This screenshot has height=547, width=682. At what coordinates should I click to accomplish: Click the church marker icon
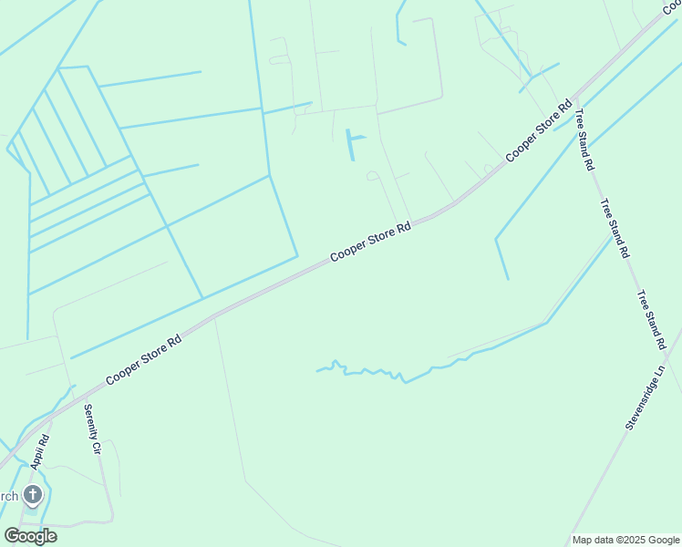pyautogui.click(x=32, y=496)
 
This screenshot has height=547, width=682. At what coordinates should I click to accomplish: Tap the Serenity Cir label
pyautogui.click(x=92, y=429)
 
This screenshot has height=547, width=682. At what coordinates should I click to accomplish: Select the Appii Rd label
pyautogui.click(x=38, y=450)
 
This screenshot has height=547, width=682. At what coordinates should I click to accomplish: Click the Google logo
pyautogui.click(x=30, y=536)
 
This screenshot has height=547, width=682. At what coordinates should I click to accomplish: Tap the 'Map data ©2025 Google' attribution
pyautogui.click(x=625, y=540)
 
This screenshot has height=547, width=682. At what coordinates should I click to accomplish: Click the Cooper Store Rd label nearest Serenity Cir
pyautogui.click(x=143, y=358)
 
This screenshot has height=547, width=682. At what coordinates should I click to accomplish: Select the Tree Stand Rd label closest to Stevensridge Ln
pyautogui.click(x=651, y=320)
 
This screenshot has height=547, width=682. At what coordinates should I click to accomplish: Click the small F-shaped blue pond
pyautogui.click(x=352, y=143)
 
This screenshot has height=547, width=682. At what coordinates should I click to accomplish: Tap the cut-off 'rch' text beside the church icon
pyautogui.click(x=8, y=496)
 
